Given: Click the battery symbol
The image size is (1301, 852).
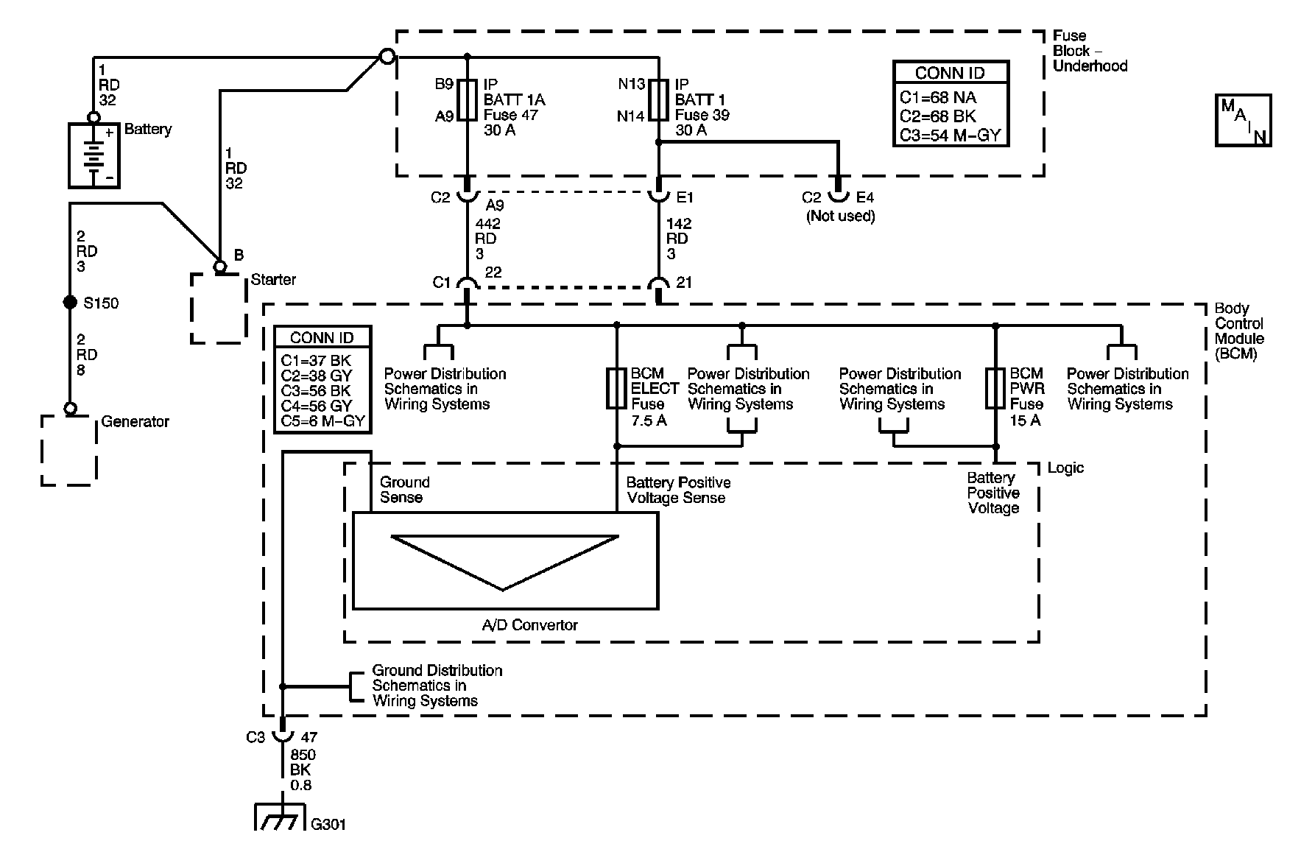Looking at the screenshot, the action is [x=94, y=155].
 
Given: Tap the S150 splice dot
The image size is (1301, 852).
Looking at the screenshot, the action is [x=70, y=303].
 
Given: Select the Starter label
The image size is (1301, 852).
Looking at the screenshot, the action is [x=273, y=280].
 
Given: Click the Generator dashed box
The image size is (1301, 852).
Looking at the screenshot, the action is [x=68, y=451].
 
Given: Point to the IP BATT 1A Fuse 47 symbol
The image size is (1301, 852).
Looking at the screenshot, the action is [x=468, y=99].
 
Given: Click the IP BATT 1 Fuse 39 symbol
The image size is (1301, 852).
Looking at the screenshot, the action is [x=659, y=99].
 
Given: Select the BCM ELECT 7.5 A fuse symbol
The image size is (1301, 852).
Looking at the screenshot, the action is [x=617, y=388].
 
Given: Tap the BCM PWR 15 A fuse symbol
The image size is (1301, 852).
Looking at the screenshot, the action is [x=995, y=388].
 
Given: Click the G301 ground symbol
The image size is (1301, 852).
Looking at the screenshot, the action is [x=280, y=816].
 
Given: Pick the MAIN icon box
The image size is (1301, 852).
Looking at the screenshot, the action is [x=1244, y=121].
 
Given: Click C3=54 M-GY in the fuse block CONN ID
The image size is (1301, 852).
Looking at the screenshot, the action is [x=951, y=135].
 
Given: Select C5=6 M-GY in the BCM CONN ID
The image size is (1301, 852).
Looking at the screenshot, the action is [x=322, y=421].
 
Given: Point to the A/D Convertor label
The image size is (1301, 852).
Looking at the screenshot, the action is [x=529, y=625].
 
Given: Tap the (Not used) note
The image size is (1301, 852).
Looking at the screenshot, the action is [x=841, y=216].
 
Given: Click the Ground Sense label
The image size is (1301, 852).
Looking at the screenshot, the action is [x=404, y=490].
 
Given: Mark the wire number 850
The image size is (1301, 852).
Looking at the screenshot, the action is [x=303, y=755].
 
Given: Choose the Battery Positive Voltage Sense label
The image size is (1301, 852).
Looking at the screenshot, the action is [x=678, y=490].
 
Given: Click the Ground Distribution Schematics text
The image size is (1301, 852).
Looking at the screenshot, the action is [x=437, y=686].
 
